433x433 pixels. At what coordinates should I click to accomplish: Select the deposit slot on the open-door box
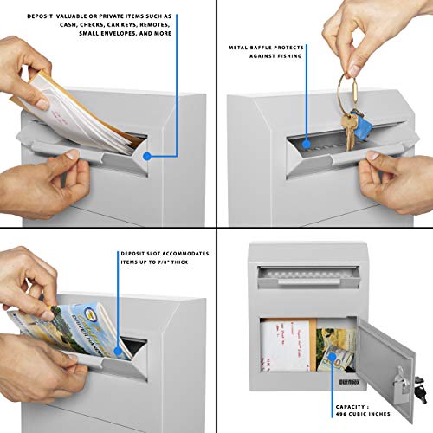[x=307, y=275]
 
